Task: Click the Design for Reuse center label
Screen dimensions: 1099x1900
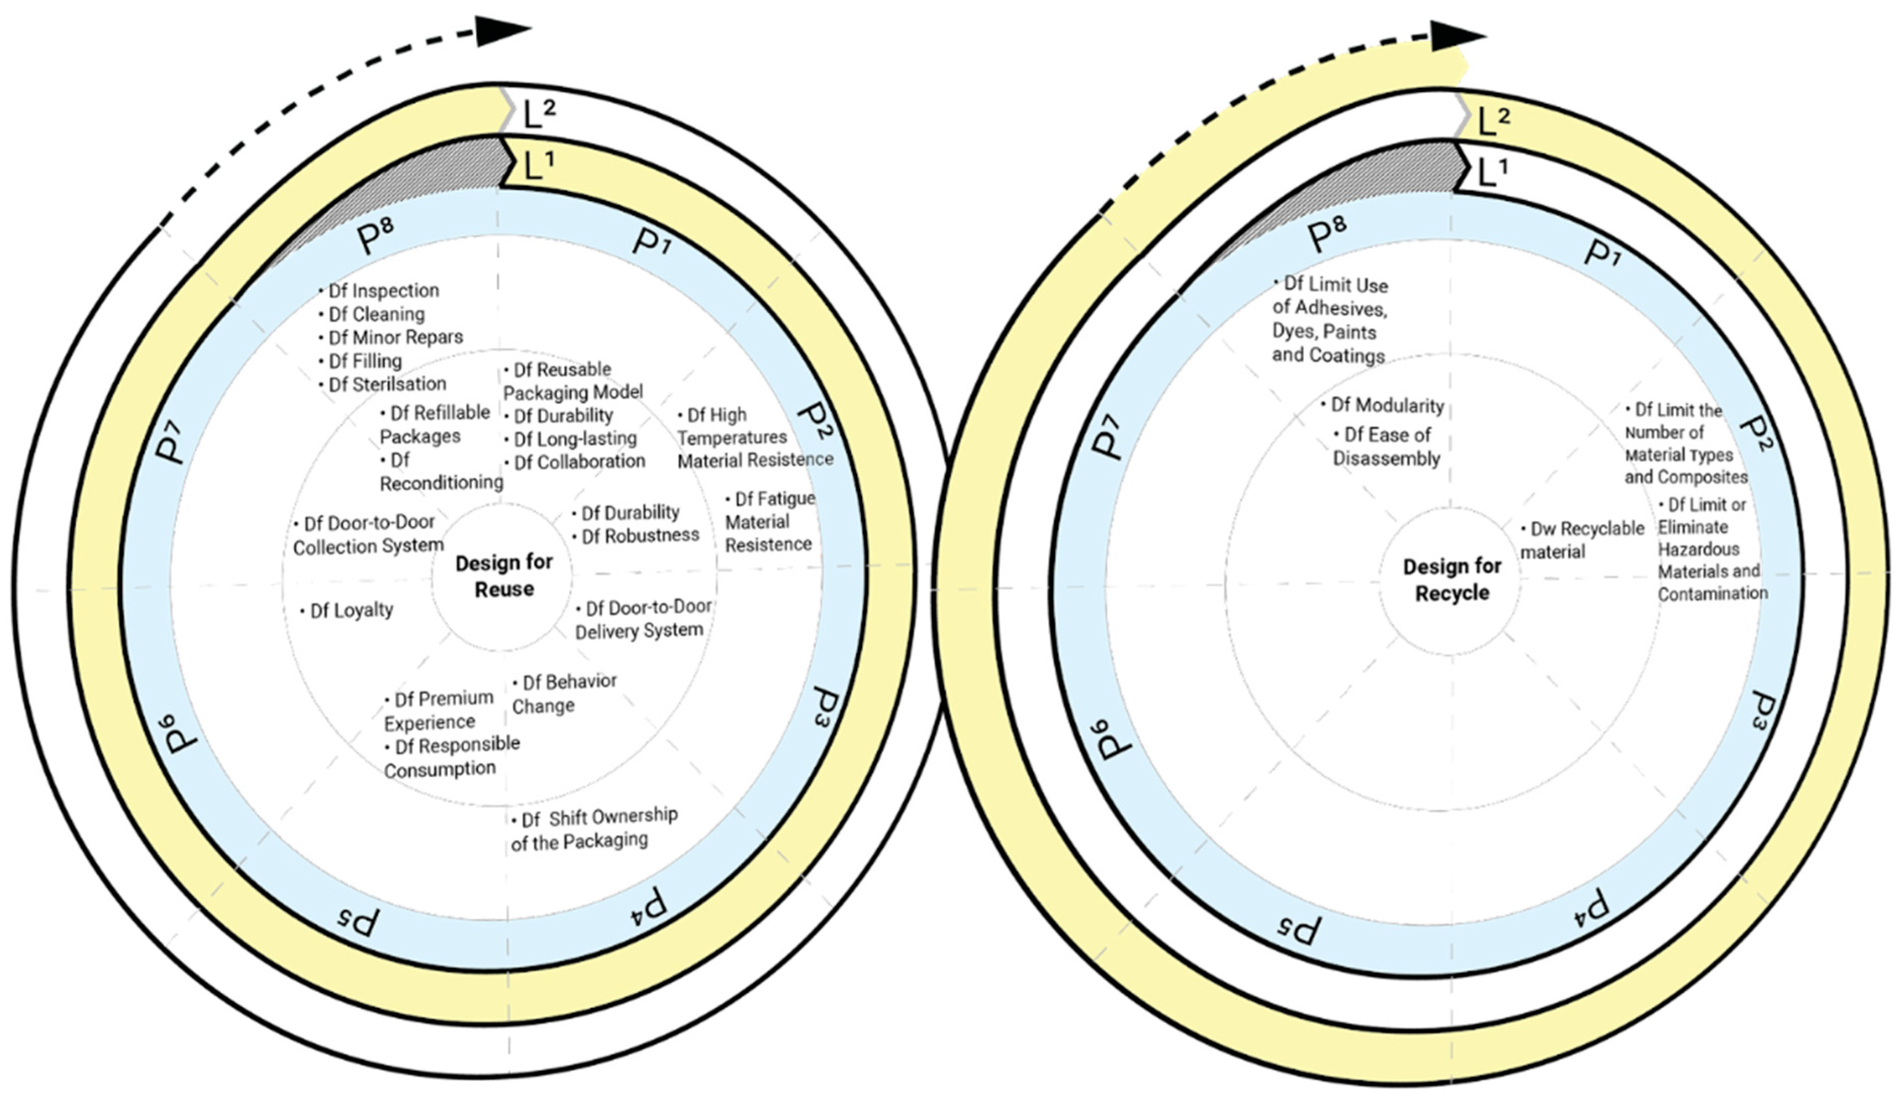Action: coord(504,576)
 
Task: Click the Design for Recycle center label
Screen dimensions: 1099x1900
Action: coord(1451,580)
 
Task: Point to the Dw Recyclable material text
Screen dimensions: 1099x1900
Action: coord(1581,540)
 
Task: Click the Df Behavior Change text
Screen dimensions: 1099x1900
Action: coord(563,693)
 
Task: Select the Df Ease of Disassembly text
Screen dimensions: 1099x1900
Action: coord(1386,446)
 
